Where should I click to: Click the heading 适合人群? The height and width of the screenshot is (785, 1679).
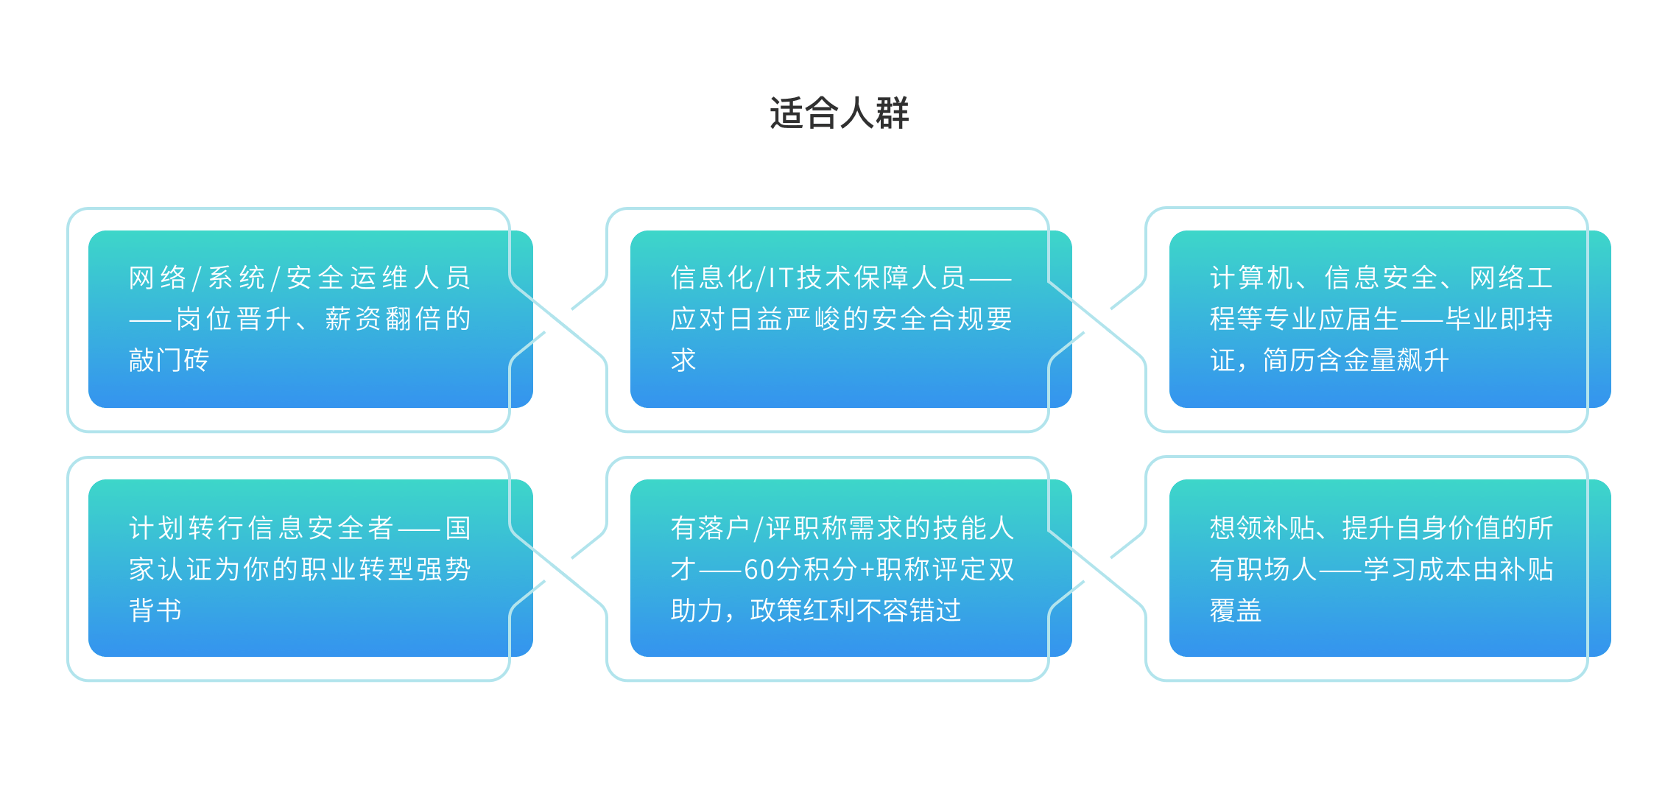point(839,113)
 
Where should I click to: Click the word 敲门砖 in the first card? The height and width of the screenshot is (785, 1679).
point(169,360)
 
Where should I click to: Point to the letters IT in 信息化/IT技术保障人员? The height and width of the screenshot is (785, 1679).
point(781,278)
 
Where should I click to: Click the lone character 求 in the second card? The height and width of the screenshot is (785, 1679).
point(683,360)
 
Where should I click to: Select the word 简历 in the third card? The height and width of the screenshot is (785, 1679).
point(1289,360)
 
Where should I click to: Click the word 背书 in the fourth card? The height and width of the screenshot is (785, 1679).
point(155,610)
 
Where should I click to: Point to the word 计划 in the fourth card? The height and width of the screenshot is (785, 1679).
point(157,528)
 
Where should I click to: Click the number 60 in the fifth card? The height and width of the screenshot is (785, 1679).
point(758,569)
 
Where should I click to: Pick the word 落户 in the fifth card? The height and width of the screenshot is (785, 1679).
point(724,528)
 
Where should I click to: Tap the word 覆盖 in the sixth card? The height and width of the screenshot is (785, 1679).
point(1236,610)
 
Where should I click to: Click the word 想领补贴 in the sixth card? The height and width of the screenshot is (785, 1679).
point(1263,528)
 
